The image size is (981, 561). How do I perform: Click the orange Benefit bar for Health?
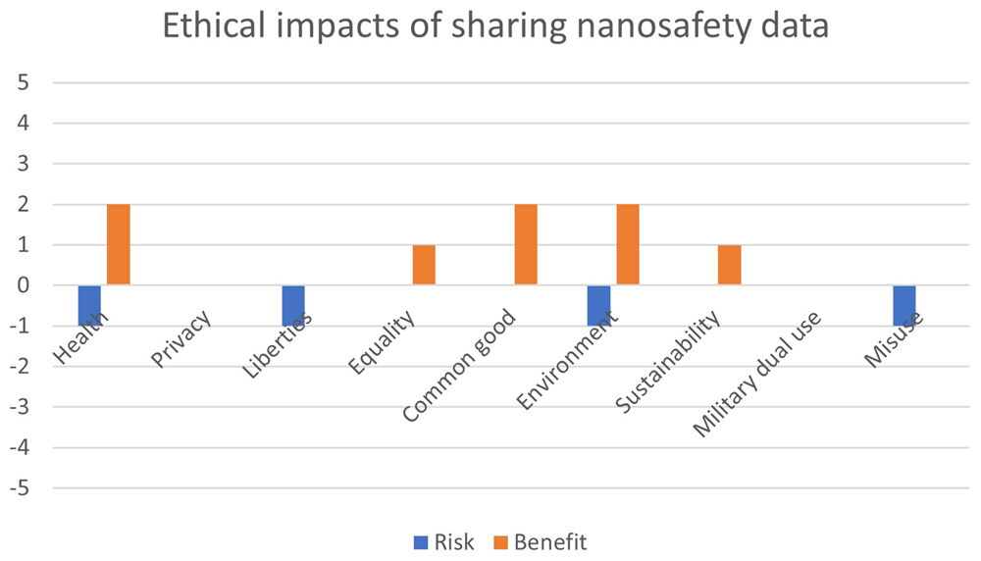pos(119,244)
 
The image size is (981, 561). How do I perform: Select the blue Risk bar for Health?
pos(89,306)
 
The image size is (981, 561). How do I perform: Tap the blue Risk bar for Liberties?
pos(293,306)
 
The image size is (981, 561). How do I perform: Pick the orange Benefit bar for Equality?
pos(424,265)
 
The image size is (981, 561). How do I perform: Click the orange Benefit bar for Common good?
pos(526,244)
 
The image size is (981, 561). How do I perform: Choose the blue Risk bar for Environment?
pos(598,306)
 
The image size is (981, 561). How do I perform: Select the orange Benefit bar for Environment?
pos(628,244)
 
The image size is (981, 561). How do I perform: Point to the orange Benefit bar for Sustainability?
pos(730,265)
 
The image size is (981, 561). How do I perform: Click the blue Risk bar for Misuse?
pos(904,306)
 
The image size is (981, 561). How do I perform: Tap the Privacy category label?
pos(181,338)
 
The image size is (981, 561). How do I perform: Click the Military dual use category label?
pos(756,374)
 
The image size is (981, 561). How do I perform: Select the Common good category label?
pos(459,365)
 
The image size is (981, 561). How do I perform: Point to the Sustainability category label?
pos(667,362)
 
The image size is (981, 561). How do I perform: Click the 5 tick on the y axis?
pos(24,82)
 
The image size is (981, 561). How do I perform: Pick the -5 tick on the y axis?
pos(20,487)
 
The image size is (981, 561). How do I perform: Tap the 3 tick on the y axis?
pos(24,164)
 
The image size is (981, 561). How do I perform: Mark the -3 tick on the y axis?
pos(20,407)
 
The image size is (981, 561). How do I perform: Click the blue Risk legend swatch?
pos(421,542)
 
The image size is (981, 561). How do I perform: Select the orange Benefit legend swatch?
pos(500,542)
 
